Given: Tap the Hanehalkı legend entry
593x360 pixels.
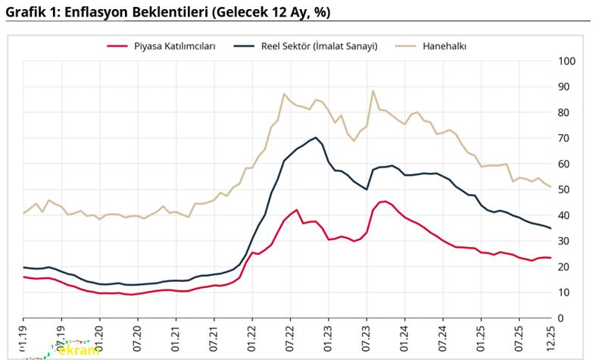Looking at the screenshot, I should pyautogui.click(x=444, y=45).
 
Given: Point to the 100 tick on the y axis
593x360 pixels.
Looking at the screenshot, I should pyautogui.click(x=567, y=61).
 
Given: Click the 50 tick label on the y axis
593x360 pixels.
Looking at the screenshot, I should pyautogui.click(x=565, y=189).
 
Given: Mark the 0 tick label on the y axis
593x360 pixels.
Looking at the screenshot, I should pyautogui.click(x=562, y=318).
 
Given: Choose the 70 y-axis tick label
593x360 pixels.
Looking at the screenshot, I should pyautogui.click(x=565, y=138).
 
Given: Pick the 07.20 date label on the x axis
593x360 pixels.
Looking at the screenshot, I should pyautogui.click(x=138, y=337).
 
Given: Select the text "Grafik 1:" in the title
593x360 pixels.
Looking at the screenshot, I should pyautogui.click(x=28, y=13).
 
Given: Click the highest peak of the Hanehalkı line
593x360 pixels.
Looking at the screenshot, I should pyautogui.click(x=373, y=91).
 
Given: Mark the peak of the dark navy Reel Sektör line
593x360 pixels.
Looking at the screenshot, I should pyautogui.click(x=316, y=137).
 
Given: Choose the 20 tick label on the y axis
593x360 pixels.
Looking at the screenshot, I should pyautogui.click(x=565, y=266).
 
